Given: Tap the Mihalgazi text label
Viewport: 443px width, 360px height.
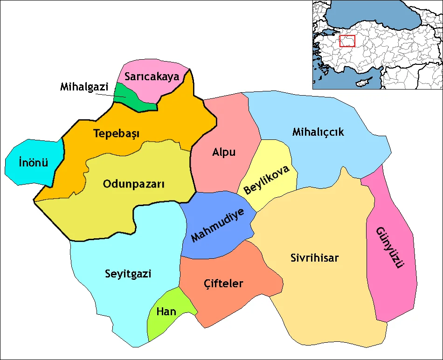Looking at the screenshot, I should coord(84,87).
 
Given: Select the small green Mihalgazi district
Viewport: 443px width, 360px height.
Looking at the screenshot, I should coord(135,99).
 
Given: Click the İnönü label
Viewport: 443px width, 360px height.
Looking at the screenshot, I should coord(33,163).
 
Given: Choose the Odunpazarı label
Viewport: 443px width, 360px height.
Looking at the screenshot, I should coord(134,184).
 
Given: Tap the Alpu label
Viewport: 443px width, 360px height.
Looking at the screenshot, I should coord(224,152).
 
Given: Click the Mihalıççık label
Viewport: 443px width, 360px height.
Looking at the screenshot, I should coord(318,132).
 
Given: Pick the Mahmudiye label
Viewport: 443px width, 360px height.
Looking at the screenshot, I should coord(218,226).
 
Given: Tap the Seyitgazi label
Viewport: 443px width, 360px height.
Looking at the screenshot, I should coord(128,274).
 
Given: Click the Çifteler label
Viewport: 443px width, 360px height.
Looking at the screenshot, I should coord(224,283).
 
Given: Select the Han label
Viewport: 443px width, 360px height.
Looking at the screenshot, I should coord(166,312).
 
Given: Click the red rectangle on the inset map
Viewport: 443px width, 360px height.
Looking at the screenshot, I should coord(347,41).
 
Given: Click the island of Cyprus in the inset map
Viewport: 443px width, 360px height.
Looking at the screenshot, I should coord(362,83).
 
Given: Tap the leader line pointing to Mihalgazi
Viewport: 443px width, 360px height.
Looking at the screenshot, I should coord(112,95).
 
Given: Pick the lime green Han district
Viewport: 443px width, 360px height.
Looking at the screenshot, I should coord(161,322).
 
